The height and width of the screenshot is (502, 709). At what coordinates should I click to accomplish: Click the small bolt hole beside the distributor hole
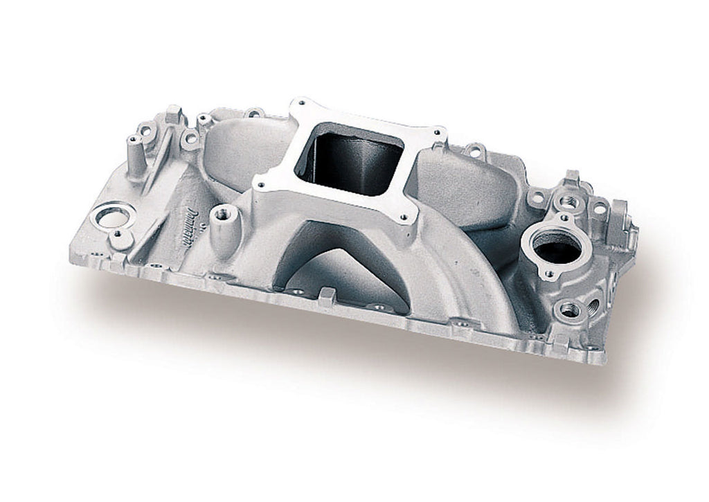122,237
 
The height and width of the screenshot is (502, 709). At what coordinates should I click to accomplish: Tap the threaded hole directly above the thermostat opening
568,202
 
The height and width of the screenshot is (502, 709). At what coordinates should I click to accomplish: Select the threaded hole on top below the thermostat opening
569,310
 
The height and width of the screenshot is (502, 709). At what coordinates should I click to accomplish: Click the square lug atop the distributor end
173,112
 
